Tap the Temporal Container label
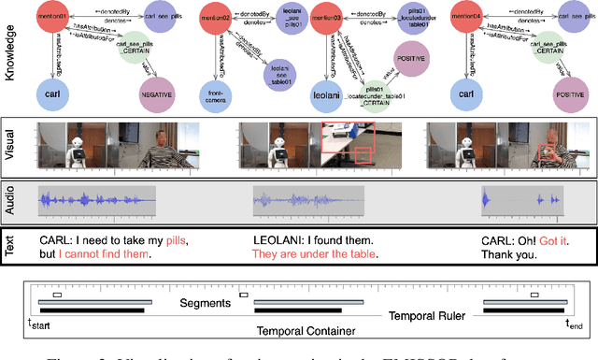click(302, 331)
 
